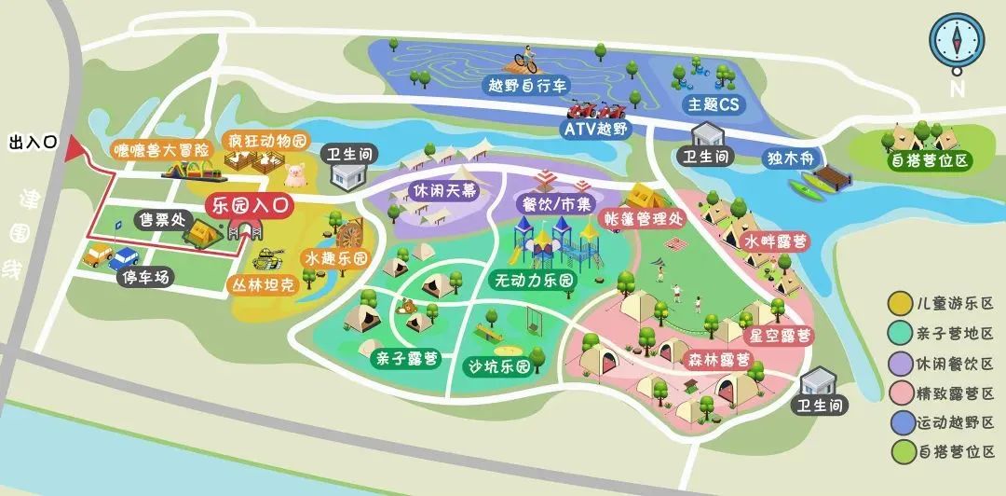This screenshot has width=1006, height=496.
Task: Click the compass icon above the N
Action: pos(957,40)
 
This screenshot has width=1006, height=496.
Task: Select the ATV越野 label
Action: pos(596,129)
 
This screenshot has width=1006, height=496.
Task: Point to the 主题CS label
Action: pos(714,104)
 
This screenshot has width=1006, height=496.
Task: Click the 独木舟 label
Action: pos(794,158)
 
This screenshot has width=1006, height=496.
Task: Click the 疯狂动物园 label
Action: pos(267,142)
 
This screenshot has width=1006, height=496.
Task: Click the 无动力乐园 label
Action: pos(532,280)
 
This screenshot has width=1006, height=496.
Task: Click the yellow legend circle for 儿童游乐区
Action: pos(899,304)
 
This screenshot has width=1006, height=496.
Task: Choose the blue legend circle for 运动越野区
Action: pos(899,421)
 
